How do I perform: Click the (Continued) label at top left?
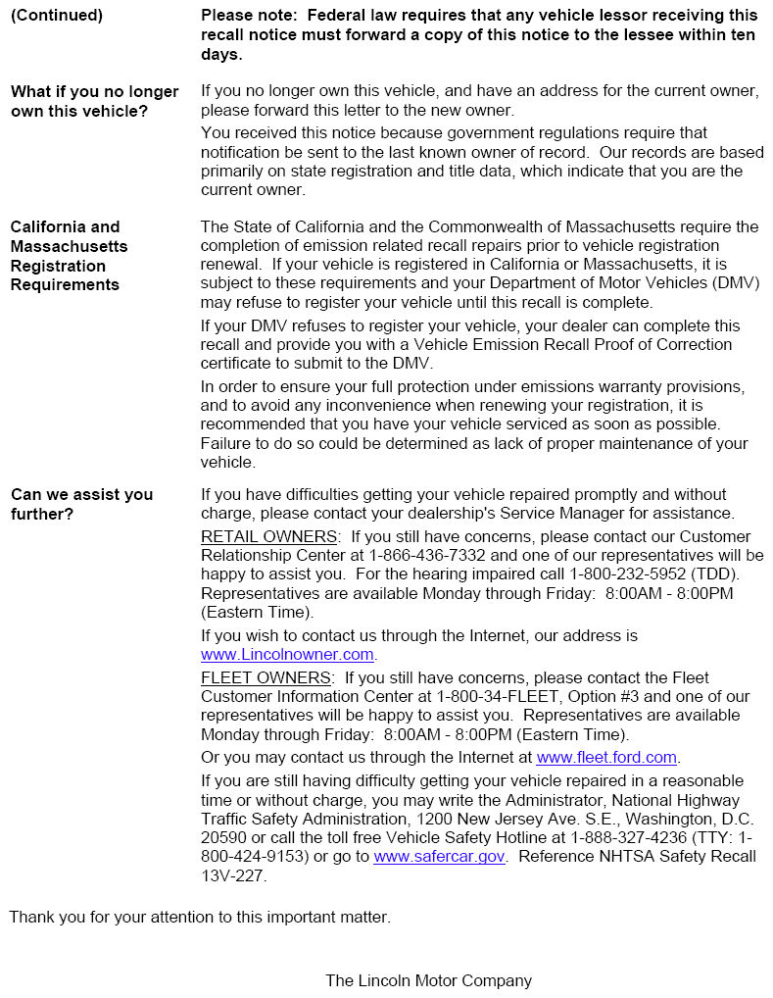(56, 16)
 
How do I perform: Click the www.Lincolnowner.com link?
(287, 654)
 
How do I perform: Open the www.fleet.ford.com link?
(606, 757)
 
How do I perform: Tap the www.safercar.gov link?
(439, 856)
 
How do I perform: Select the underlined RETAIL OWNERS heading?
(269, 536)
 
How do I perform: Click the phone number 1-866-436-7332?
(404, 555)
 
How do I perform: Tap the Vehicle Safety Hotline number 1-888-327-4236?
(631, 837)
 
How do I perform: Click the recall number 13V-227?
(232, 875)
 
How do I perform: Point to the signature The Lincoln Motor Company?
(428, 980)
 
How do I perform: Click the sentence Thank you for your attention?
(200, 917)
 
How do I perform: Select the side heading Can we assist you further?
(81, 504)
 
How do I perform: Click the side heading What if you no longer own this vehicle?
(94, 101)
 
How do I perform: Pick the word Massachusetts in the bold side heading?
(69, 246)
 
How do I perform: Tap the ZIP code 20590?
(223, 837)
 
